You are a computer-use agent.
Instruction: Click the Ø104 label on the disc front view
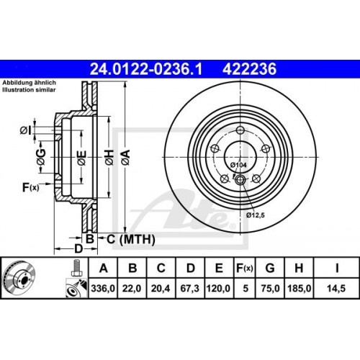pos(238,166)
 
